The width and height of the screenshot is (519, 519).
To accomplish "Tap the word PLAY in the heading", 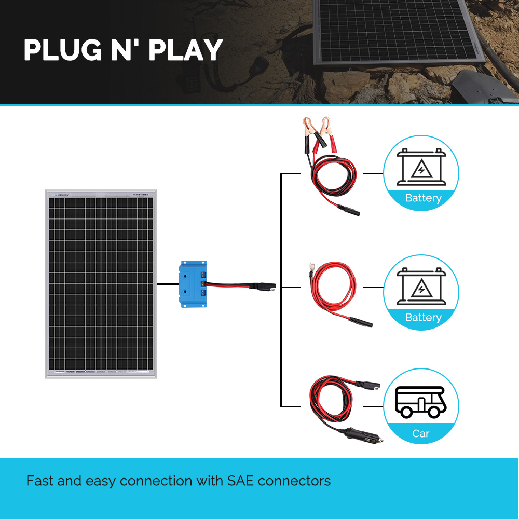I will (x=185, y=50).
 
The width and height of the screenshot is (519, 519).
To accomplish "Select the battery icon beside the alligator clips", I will (x=421, y=167).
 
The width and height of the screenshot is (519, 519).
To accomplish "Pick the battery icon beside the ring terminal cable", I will (x=421, y=286).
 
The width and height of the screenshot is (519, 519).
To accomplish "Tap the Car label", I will (x=421, y=433).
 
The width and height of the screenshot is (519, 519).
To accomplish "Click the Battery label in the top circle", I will (x=423, y=198).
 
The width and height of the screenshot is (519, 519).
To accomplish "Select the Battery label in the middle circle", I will (x=423, y=318).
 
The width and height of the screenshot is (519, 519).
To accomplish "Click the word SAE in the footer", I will (x=241, y=481).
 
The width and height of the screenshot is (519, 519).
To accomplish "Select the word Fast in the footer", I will (x=40, y=481).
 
